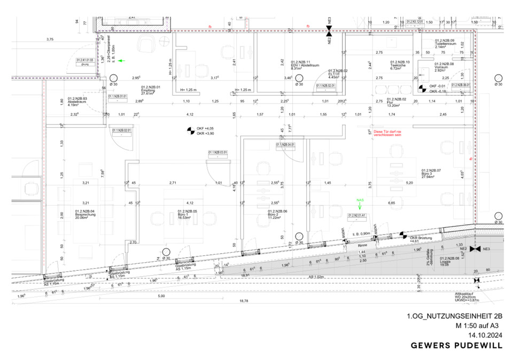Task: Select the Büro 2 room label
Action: coord(278,214)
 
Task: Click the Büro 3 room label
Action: coord(431,173)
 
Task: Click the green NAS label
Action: coord(360,200)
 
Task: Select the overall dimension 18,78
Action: coord(245,301)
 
